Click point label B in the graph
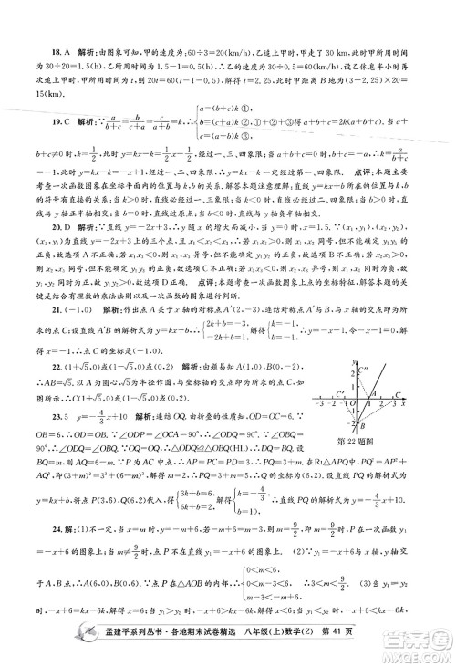click(363, 426)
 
